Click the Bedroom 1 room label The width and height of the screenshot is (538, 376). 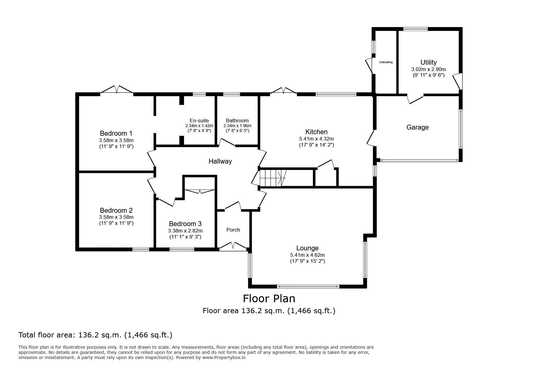pyautogui.click(x=116, y=133)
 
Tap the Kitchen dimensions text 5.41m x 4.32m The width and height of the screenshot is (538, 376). pyautogui.click(x=316, y=139)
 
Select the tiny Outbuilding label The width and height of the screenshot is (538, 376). pyautogui.click(x=386, y=62)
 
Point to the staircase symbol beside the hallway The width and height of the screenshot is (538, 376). pyautogui.click(x=272, y=178)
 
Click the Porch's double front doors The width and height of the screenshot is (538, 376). pyautogui.click(x=233, y=246)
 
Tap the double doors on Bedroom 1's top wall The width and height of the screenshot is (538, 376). pyautogui.click(x=117, y=90)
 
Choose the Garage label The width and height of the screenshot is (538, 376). pyautogui.click(x=417, y=127)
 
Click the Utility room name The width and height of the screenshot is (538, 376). pyautogui.click(x=429, y=62)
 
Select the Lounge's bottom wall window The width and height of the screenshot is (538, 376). pyautogui.click(x=308, y=286)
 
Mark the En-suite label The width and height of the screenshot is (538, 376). pyautogui.click(x=199, y=121)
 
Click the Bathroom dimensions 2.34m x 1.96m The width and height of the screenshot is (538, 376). pyautogui.click(x=237, y=126)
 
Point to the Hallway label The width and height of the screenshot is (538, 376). pyautogui.click(x=220, y=161)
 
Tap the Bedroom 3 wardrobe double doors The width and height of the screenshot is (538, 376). pyautogui.click(x=199, y=191)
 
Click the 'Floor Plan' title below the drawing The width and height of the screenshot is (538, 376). pyautogui.click(x=269, y=299)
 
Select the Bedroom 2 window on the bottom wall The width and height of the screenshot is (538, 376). pyautogui.click(x=141, y=249)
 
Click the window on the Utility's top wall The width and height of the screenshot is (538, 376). pyautogui.click(x=415, y=29)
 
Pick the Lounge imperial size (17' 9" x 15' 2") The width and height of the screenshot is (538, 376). pyautogui.click(x=307, y=261)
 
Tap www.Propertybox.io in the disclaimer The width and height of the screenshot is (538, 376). pyautogui.click(x=224, y=357)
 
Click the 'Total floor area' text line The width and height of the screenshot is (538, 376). pyautogui.click(x=95, y=335)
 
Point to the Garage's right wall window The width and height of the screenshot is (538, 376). pyautogui.click(x=461, y=129)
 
